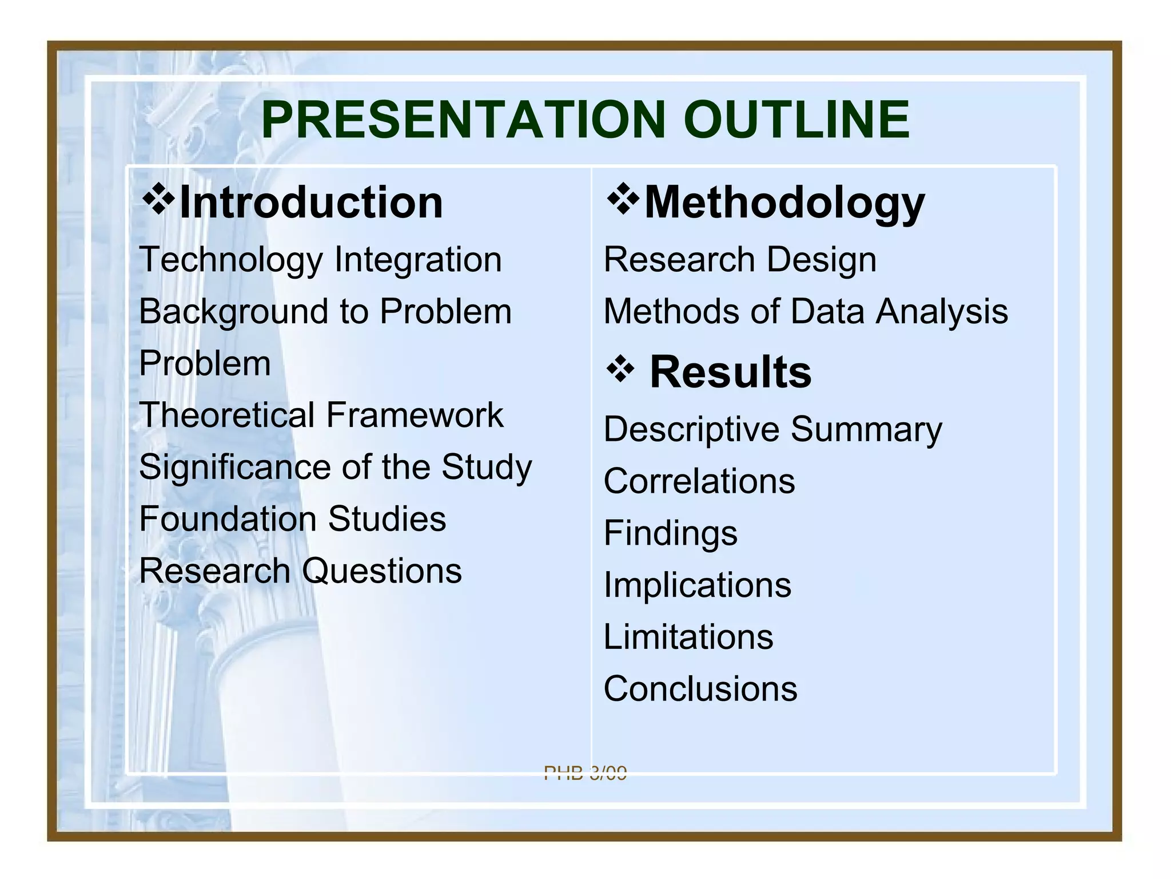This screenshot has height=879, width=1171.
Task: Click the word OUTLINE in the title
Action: (x=796, y=120)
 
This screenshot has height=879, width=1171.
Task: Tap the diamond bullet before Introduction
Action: (x=158, y=200)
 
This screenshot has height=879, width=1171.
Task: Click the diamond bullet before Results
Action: (x=620, y=370)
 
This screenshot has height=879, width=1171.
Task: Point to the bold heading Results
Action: (x=730, y=372)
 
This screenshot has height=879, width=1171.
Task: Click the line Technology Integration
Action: (x=320, y=260)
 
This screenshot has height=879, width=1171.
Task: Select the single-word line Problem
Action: (x=205, y=363)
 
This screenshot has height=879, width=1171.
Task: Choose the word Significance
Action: (x=234, y=467)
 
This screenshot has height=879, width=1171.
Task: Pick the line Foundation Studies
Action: (x=292, y=519)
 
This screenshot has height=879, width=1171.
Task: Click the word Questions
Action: (x=381, y=571)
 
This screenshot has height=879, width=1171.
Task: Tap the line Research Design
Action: (x=740, y=260)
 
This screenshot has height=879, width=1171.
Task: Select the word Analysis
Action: (x=942, y=312)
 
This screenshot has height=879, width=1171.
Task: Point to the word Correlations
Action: (x=699, y=481)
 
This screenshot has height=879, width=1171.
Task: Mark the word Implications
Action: (x=698, y=585)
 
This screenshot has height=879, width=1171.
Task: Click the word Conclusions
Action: (x=700, y=688)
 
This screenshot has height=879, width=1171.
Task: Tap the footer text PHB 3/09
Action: (x=585, y=773)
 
